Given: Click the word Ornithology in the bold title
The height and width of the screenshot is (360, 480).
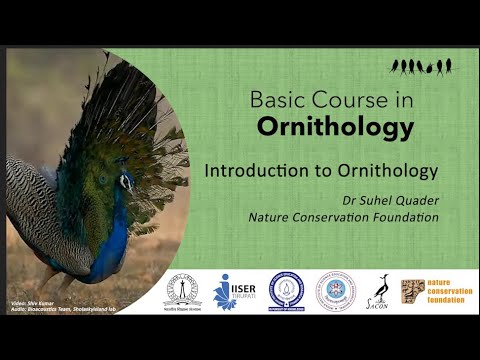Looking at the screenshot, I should [321, 127].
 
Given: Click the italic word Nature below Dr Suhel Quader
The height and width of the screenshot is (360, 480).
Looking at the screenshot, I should [272, 215].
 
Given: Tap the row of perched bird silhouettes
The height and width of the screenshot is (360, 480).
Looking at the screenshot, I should [421, 66].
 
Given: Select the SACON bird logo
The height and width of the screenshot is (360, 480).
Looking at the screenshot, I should [382, 291].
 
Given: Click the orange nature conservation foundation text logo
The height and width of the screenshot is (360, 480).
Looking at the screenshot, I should [446, 290].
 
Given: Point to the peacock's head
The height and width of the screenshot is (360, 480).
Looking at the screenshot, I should [126, 181].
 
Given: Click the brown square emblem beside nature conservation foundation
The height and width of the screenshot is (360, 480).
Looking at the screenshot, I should [412, 290].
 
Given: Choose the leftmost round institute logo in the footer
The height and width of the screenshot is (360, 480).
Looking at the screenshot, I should [182, 291].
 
